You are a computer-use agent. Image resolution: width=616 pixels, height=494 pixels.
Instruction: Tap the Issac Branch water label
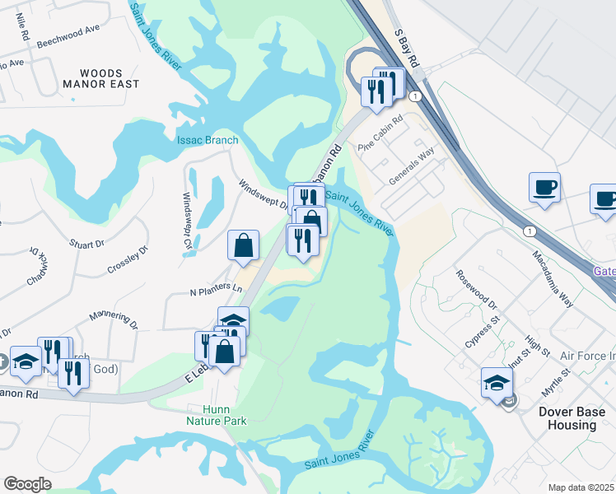tap(207, 139)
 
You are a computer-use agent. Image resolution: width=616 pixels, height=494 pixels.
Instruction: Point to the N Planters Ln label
tap(217, 290)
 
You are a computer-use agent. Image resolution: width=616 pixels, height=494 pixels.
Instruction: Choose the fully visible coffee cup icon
tap(544, 188)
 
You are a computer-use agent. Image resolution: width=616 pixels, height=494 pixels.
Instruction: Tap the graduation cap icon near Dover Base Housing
tap(497, 381)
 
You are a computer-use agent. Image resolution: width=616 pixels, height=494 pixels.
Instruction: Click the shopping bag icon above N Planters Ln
tap(244, 245)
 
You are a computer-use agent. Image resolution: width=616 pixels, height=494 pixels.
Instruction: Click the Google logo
tap(28, 484)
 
